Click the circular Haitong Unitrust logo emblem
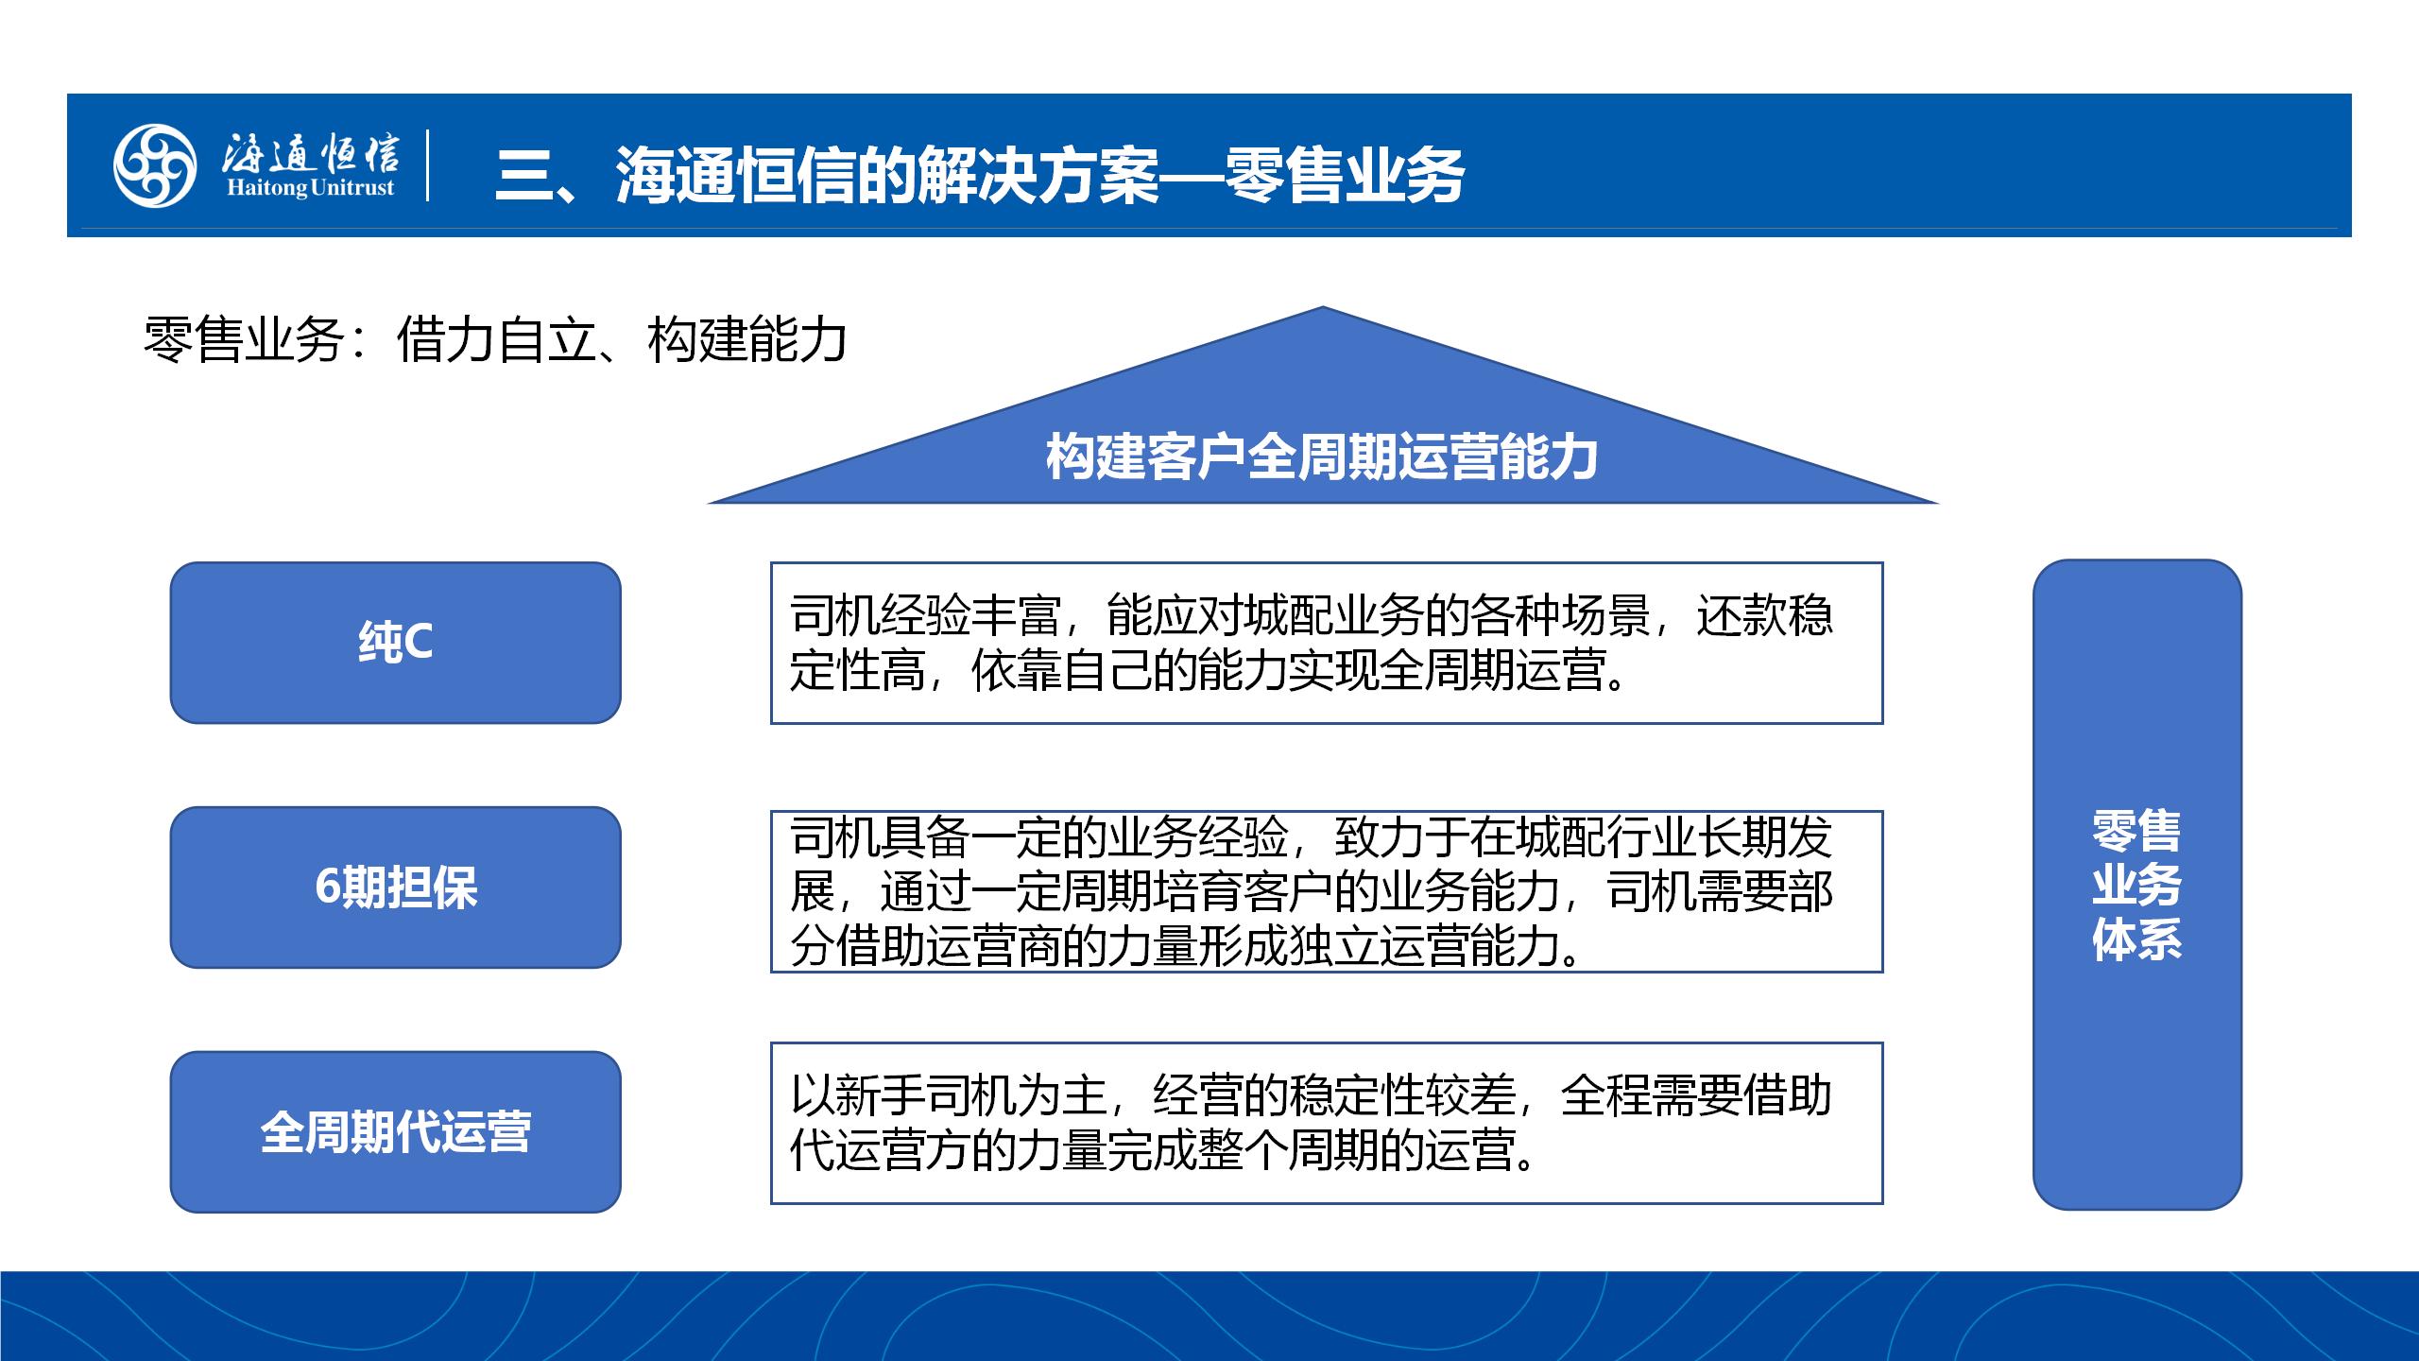(x=155, y=165)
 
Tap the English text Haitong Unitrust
(x=310, y=187)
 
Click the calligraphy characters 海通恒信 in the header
(x=310, y=151)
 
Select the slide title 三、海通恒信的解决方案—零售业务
(x=979, y=175)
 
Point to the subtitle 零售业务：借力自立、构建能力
(x=494, y=339)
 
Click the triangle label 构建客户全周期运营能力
(x=1322, y=457)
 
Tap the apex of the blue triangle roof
(x=1322, y=306)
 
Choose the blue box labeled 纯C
(x=395, y=643)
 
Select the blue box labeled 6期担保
(x=395, y=887)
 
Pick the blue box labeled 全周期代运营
(x=395, y=1131)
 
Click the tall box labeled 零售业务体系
(x=2136, y=885)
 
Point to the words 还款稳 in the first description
(x=1764, y=615)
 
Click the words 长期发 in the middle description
(x=1764, y=836)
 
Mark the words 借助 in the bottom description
(x=1787, y=1095)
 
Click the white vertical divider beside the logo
(x=428, y=164)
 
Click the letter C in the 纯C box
(x=417, y=644)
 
